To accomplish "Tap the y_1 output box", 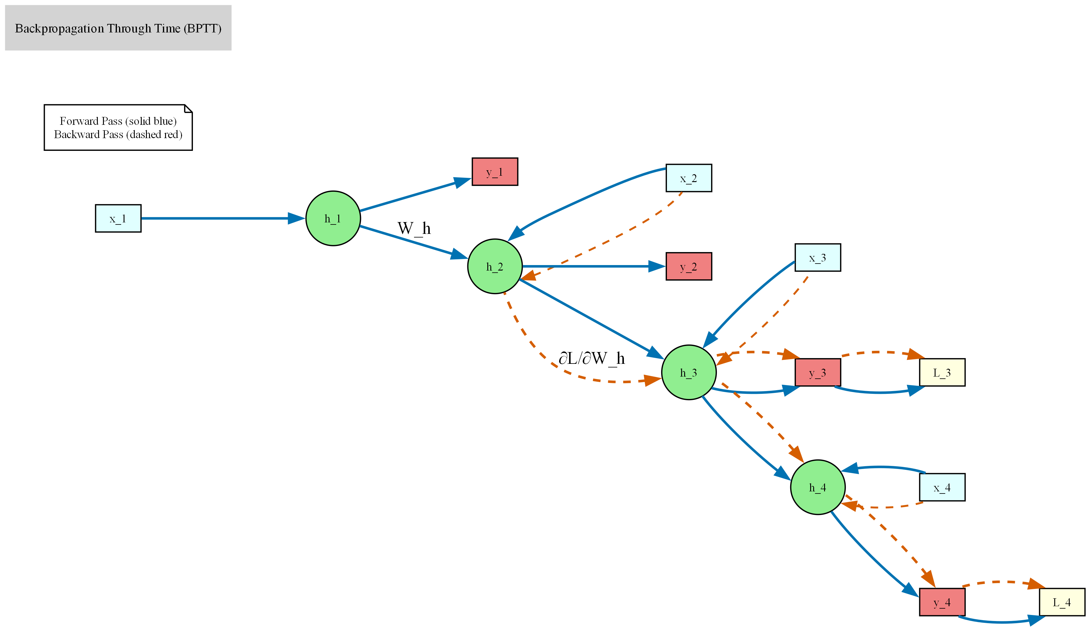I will (495, 172).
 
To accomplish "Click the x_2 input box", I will (689, 178).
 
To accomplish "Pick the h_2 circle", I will (495, 267).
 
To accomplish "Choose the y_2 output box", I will (689, 267).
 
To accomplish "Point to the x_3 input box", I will (817, 258).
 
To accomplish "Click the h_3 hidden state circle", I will (689, 372).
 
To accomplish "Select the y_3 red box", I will (817, 372).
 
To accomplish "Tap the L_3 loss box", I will (942, 372).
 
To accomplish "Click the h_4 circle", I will (817, 487).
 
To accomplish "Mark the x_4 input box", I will (942, 487).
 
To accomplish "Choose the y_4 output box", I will (942, 602).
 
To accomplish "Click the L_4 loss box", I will (1062, 602).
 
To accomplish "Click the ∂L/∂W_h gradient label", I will (591, 358).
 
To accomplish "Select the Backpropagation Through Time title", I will (118, 28).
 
